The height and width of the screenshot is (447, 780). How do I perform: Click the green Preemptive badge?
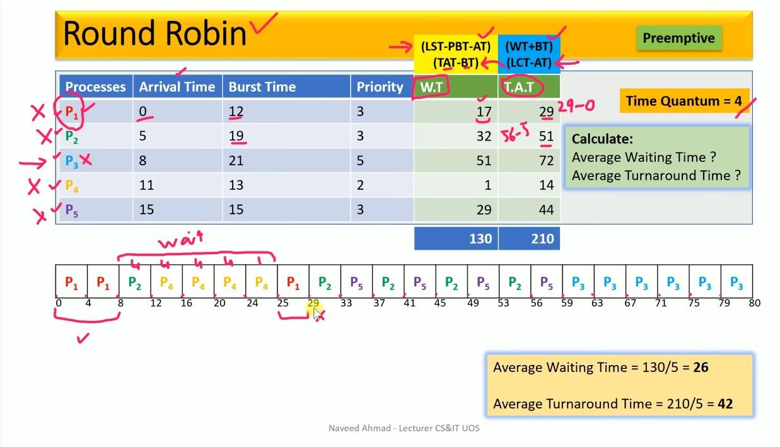(678, 38)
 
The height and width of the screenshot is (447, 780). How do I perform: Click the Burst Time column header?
(262, 87)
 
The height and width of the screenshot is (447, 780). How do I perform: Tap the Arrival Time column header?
(177, 87)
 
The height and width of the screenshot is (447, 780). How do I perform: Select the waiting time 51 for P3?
(484, 161)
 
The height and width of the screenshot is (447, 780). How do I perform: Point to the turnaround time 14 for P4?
(546, 185)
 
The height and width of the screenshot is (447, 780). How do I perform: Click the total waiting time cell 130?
(480, 238)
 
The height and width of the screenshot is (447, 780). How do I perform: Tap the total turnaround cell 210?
(542, 238)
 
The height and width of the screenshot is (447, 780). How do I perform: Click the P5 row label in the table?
(72, 210)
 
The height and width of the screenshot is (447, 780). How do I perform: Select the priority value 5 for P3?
(360, 161)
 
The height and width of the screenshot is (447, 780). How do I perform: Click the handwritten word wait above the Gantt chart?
(180, 241)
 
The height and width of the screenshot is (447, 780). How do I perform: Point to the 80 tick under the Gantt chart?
(754, 303)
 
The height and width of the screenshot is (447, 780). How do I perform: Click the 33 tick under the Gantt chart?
(346, 303)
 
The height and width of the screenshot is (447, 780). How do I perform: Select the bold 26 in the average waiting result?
(701, 368)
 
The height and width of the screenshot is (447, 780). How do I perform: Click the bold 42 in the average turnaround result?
(725, 403)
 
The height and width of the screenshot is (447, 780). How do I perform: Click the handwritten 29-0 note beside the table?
(576, 106)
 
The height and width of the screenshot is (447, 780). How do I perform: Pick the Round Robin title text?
(154, 33)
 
